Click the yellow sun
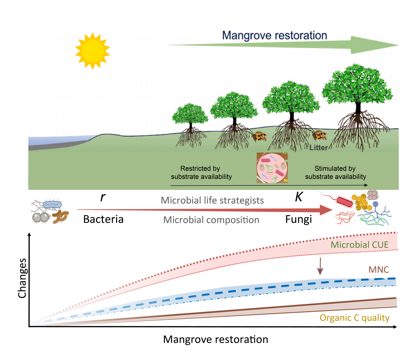pos(92,51)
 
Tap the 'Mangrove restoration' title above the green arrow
pos(274,35)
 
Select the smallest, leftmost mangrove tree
pos(190,114)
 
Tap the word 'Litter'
pos(318,148)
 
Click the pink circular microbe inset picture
pos(272,167)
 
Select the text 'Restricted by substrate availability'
pos(201,173)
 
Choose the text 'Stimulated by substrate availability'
pos(335,173)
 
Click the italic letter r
pos(103,197)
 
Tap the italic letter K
pos(298,197)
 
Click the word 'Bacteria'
pos(103,219)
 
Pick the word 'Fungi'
pos(298,219)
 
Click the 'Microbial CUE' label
pos(359,245)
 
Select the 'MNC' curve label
pos(378,270)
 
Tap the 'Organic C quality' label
pos(354,318)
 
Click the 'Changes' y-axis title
pos(23,278)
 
